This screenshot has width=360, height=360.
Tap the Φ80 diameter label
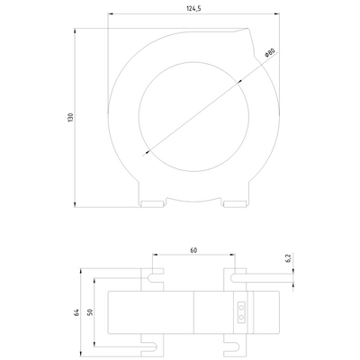(x=268, y=55)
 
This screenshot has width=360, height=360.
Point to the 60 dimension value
(x=193, y=252)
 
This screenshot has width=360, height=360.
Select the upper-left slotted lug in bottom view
(x=153, y=273)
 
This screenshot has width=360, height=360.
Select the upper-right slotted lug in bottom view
(x=232, y=273)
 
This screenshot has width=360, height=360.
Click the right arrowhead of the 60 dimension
(x=235, y=258)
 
